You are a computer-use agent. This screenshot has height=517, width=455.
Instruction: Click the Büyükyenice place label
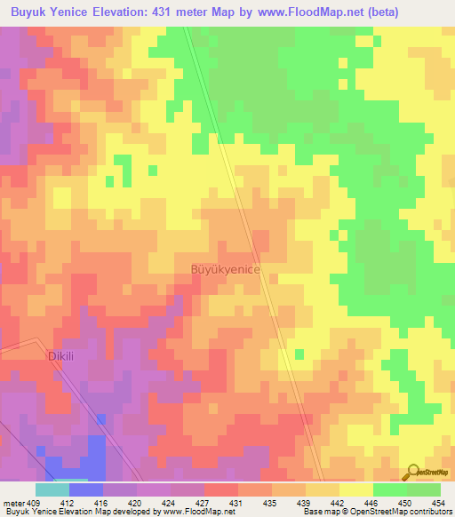click(224, 267)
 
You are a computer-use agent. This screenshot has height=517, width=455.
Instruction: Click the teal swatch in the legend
click(52, 489)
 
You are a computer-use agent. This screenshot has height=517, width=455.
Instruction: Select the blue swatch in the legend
click(85, 489)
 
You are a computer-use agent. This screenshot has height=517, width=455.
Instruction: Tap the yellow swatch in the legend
click(355, 489)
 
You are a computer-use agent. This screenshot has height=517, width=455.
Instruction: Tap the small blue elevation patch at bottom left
click(76, 464)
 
